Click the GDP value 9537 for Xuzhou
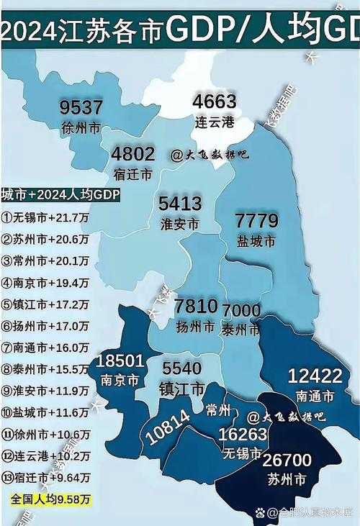[x=82, y=108]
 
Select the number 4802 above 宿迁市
[x=133, y=154]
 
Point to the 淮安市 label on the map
[x=180, y=224]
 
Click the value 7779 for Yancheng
[x=257, y=221]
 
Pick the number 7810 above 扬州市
[x=196, y=307]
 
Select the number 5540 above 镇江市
[x=181, y=368]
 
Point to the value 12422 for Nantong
[x=315, y=375]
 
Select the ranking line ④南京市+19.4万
[x=45, y=282]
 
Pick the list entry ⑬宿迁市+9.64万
[x=45, y=477]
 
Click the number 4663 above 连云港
[x=215, y=101]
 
